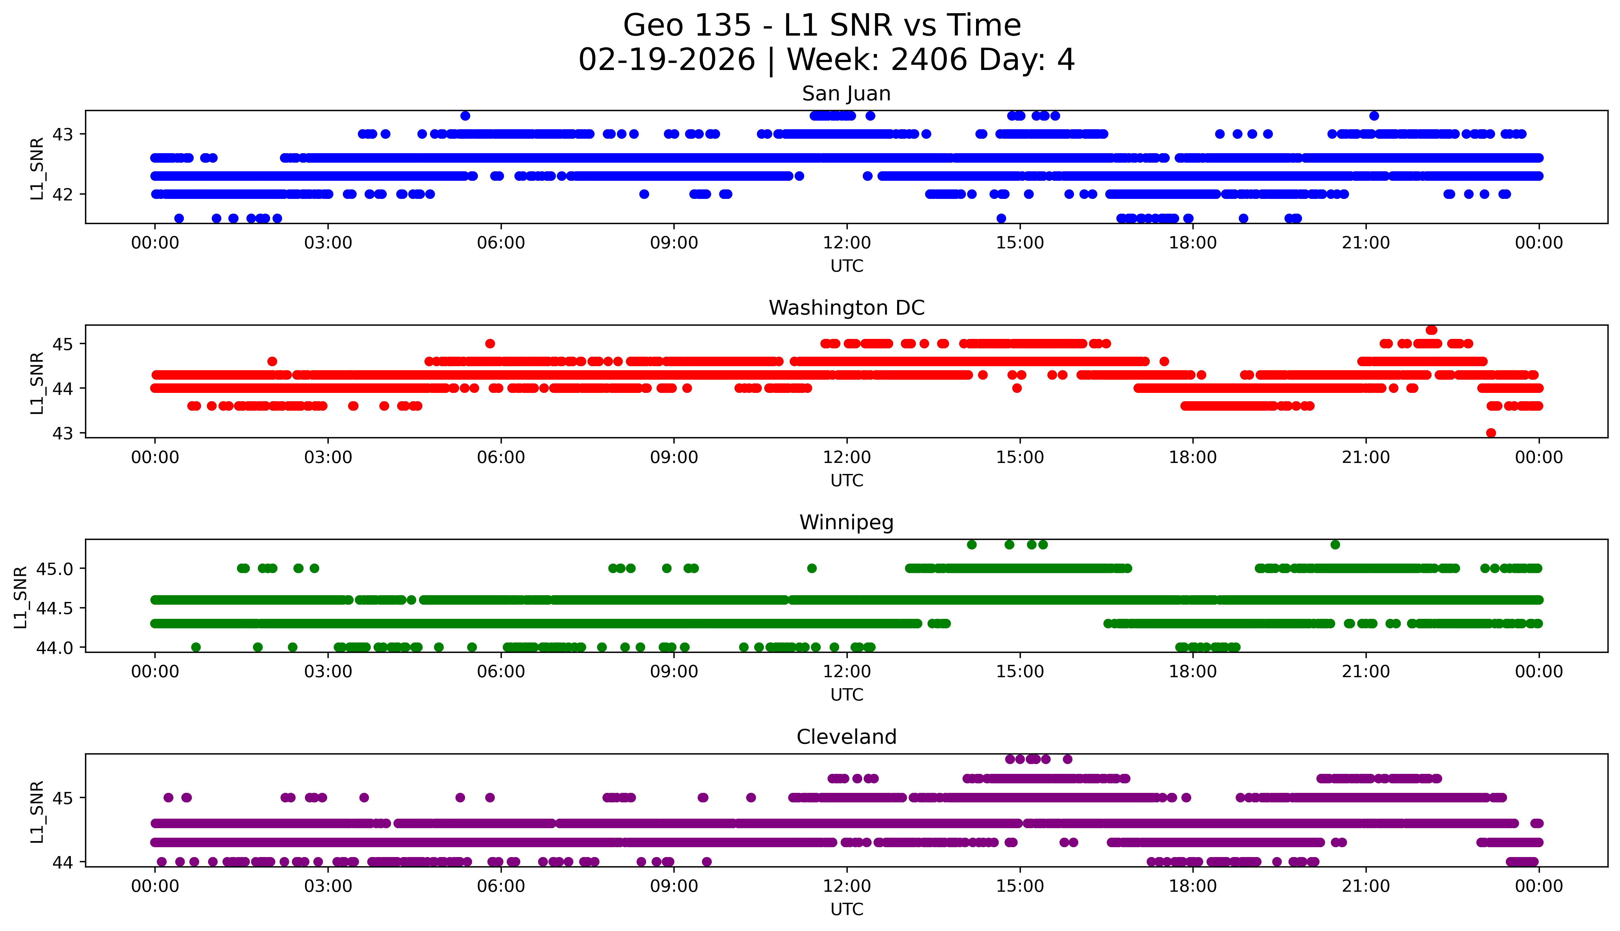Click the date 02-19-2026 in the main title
pyautogui.click(x=667, y=60)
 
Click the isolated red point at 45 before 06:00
pyautogui.click(x=490, y=343)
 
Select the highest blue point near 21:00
pyautogui.click(x=1374, y=116)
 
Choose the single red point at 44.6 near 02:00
pyautogui.click(x=272, y=361)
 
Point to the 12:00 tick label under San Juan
pyautogui.click(x=847, y=243)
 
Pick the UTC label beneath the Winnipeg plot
pyautogui.click(x=847, y=695)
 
